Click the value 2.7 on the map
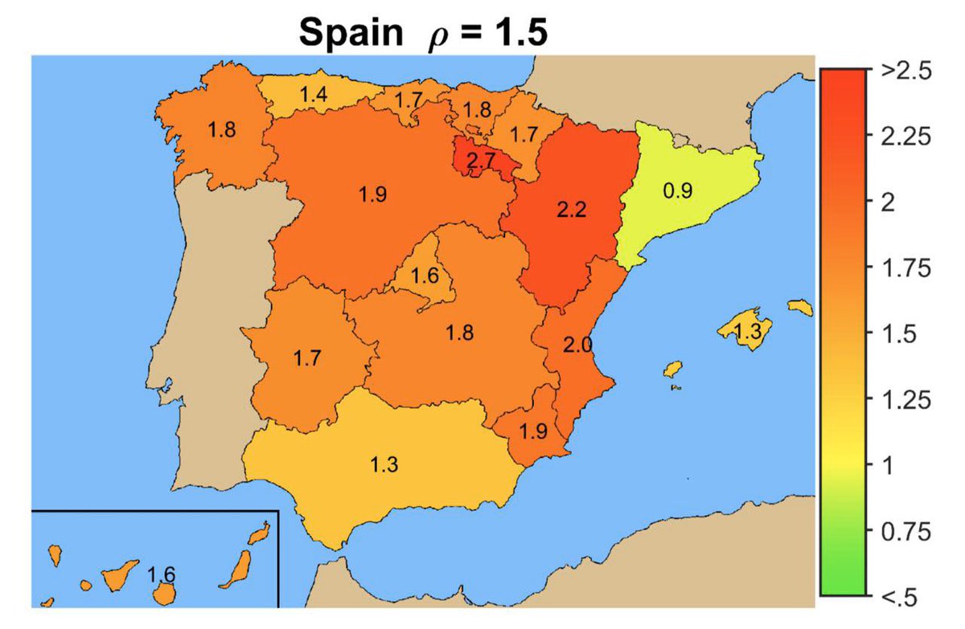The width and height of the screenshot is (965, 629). coord(481,161)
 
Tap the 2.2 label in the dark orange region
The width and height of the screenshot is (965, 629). coord(572,210)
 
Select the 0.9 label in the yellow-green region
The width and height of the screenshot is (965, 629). coord(677,191)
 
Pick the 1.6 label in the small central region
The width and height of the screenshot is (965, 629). coord(425,277)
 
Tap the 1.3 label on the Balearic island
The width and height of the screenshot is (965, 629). coord(749,331)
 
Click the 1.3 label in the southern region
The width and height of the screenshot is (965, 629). coord(384,464)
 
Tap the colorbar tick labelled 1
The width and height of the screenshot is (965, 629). coord(887,465)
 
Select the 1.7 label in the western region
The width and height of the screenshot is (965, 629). coord(308,359)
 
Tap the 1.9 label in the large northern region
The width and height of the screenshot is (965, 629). coord(374,194)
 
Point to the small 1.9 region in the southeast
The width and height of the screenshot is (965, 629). coord(533,431)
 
